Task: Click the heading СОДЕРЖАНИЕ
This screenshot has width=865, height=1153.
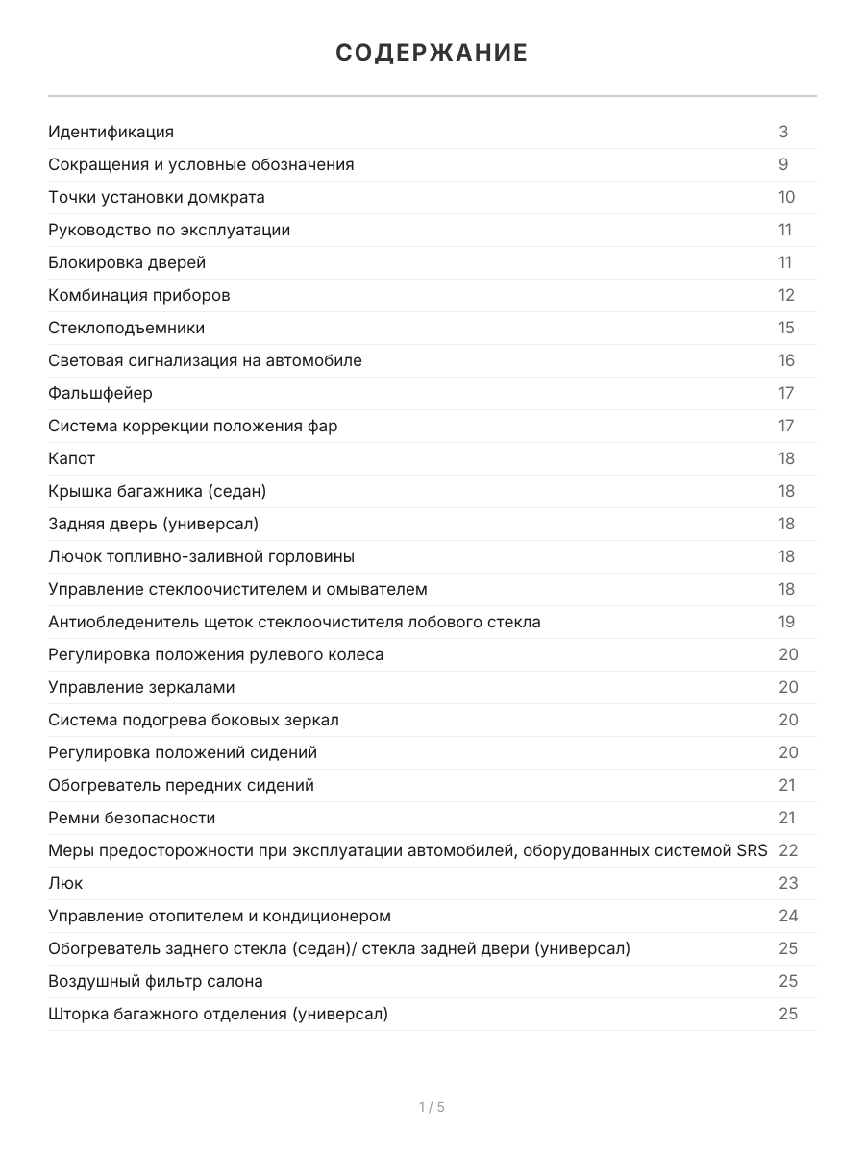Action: point(432,53)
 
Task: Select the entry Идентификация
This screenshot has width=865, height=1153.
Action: point(111,132)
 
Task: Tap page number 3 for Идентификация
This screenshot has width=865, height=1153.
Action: point(783,132)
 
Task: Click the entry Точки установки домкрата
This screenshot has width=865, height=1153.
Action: point(156,197)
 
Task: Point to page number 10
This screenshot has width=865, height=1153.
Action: point(786,197)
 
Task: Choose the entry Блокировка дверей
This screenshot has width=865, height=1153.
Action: point(127,262)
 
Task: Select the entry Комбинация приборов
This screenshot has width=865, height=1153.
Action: point(138,295)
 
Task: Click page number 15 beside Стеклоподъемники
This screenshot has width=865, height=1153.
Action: point(786,328)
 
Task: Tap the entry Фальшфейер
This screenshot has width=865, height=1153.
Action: point(100,393)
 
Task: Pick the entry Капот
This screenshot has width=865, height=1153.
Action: point(72,458)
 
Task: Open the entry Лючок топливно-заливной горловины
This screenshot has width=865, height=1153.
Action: point(201,556)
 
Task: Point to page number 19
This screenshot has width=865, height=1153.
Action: point(786,622)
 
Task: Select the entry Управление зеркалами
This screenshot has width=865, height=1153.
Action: point(141,687)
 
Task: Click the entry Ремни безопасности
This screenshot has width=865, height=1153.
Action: point(132,818)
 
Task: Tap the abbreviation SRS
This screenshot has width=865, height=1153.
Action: point(752,850)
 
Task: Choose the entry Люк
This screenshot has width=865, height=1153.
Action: point(65,883)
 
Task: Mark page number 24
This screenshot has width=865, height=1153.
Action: point(787,916)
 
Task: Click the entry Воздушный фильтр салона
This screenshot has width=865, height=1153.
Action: point(155,981)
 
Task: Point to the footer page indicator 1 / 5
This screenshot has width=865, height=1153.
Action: point(432,1107)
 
